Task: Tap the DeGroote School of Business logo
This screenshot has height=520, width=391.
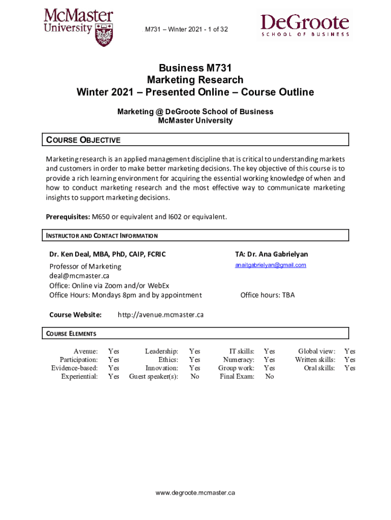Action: [x=305, y=25]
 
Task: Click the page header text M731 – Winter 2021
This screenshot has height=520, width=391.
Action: [x=186, y=29]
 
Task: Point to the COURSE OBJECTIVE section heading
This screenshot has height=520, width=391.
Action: [x=84, y=140]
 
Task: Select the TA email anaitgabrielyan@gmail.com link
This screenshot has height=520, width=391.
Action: [x=271, y=265]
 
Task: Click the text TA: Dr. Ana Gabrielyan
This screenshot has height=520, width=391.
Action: [x=271, y=254]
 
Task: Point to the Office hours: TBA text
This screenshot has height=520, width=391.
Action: [x=267, y=295]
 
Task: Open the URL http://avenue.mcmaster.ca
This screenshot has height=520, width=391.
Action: [x=160, y=315]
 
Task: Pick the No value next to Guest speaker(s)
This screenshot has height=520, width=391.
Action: [x=194, y=376]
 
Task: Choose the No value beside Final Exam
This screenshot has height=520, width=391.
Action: [x=269, y=376]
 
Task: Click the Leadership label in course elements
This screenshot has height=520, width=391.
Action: [x=161, y=351]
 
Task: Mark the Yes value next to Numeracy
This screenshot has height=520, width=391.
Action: [x=269, y=360]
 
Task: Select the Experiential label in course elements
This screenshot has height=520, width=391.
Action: [x=79, y=376]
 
